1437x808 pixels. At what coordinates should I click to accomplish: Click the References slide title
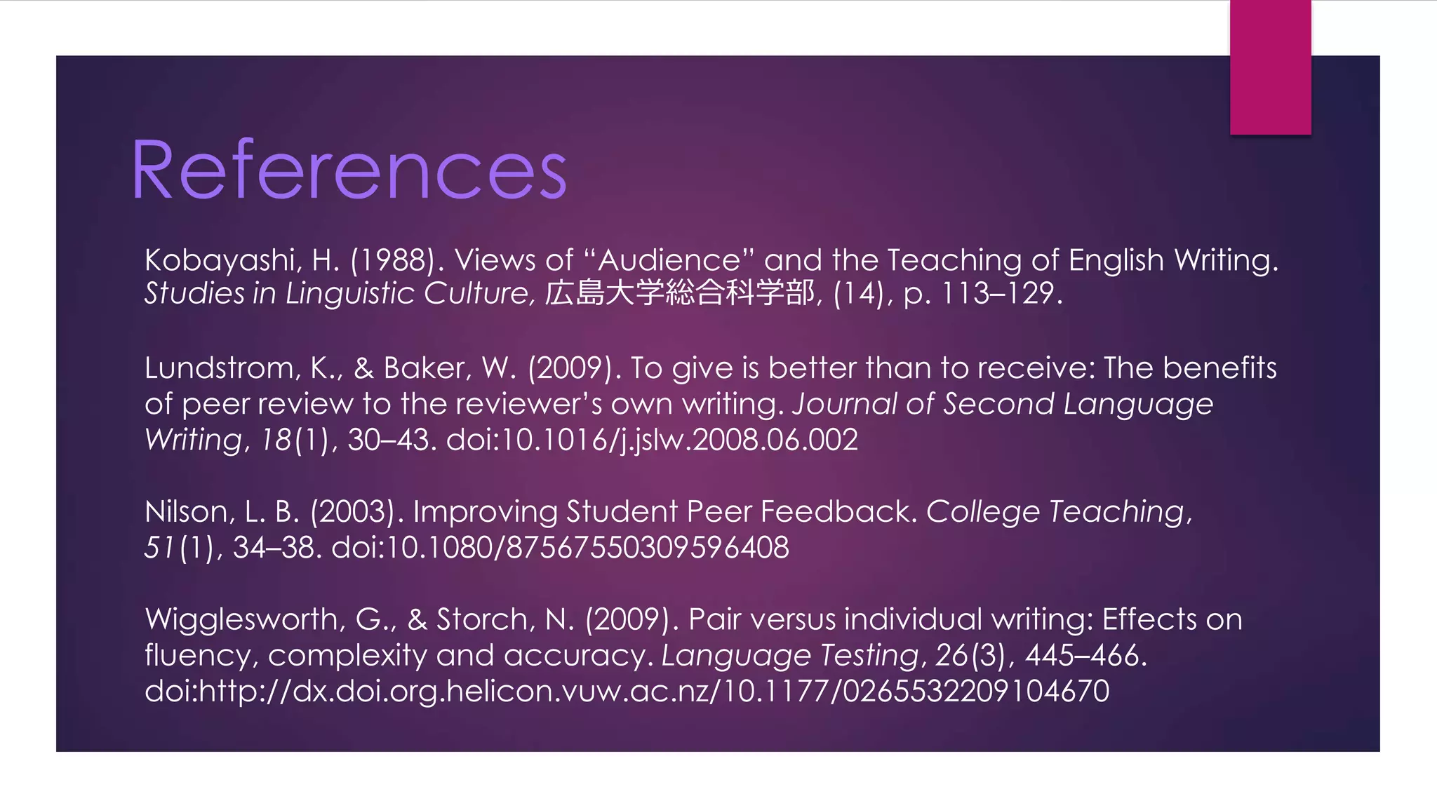(349, 170)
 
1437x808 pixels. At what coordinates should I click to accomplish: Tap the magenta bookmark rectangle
(1270, 67)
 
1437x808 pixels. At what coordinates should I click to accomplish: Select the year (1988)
(397, 261)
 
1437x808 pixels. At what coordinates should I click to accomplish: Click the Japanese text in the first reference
(679, 293)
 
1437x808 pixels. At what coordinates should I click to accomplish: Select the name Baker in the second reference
(427, 368)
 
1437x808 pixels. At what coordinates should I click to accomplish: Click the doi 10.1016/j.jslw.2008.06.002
(652, 440)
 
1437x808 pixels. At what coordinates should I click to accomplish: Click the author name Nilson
(187, 512)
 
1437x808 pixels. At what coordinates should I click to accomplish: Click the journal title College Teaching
(1056, 512)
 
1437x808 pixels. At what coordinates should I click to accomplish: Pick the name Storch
(483, 620)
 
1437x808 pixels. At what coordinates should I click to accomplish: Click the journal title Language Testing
(789, 656)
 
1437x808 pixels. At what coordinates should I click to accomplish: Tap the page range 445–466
(1085, 656)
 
